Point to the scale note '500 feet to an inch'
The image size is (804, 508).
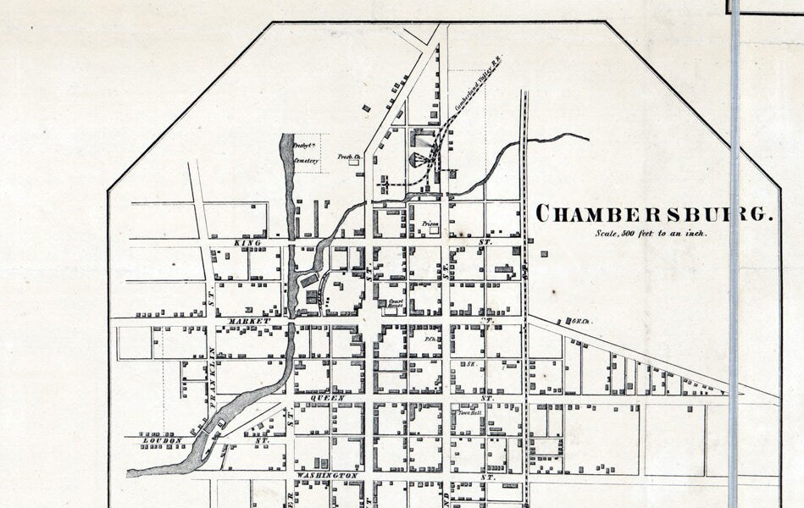click(651, 233)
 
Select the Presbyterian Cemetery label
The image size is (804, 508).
click(306, 152)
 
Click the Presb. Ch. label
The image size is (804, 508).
click(349, 157)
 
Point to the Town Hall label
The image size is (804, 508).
click(470, 412)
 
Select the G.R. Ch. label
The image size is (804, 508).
click(582, 321)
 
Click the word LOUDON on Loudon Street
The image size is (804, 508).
click(163, 441)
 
